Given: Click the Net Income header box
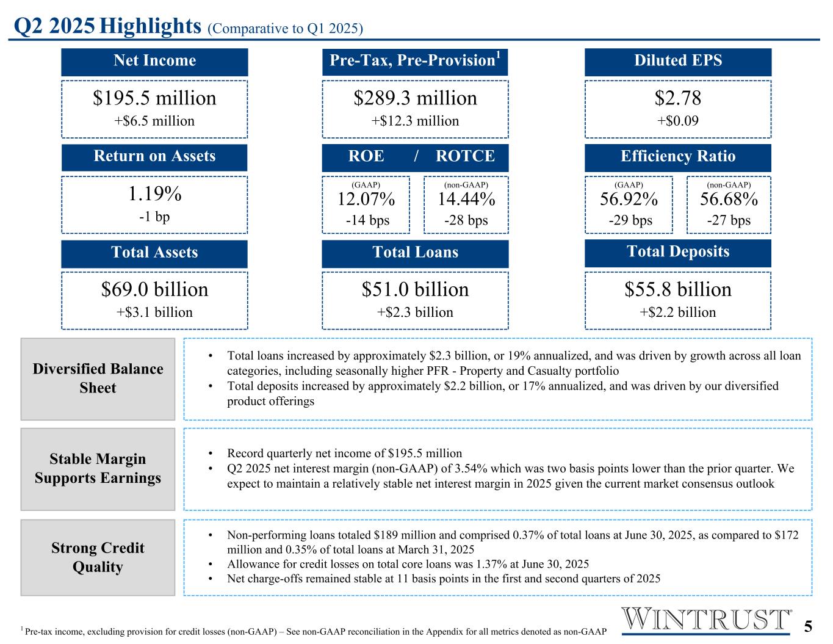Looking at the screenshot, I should (154, 61).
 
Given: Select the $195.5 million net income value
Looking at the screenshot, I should (154, 98).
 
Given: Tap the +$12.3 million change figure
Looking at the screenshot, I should (415, 121).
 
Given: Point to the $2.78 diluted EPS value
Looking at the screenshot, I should (677, 98).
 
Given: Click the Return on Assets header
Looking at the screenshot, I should (154, 157).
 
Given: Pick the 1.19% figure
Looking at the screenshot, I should (154, 194).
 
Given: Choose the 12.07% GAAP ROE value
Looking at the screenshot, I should (366, 200).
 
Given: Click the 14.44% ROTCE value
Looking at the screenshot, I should (466, 200).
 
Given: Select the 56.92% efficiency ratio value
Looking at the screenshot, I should (629, 200).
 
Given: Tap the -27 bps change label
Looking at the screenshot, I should (729, 220).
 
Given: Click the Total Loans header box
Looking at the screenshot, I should (415, 253).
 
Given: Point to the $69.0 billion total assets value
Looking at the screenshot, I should (154, 289).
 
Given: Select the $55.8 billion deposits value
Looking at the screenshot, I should (677, 289).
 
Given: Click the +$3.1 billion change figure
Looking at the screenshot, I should (154, 313).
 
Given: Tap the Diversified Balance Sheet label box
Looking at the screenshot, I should (98, 378).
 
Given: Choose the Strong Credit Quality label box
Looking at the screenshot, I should (98, 557).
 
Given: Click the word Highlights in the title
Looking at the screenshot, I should (151, 26).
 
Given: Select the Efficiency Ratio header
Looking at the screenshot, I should (677, 157).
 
